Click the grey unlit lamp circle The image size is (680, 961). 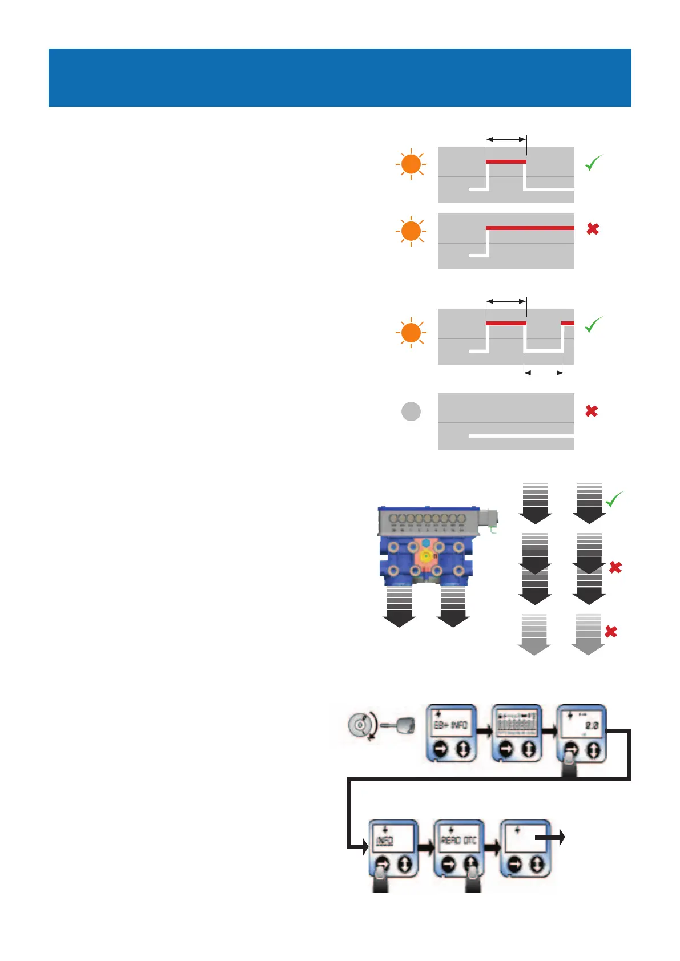click(x=411, y=411)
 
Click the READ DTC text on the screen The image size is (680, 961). click(x=458, y=841)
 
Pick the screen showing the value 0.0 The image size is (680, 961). click(x=581, y=724)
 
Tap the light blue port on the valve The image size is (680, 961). click(x=426, y=542)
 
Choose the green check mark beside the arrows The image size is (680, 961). click(x=615, y=499)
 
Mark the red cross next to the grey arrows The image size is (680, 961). click(x=611, y=632)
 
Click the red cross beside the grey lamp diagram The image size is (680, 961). click(x=592, y=411)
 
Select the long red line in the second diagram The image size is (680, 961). click(x=530, y=228)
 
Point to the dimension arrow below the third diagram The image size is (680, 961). click(x=544, y=373)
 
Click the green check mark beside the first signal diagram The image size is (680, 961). click(x=594, y=163)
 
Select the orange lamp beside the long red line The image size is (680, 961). click(x=411, y=231)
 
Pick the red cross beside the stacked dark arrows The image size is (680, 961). click(x=615, y=567)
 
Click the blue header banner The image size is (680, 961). click(x=340, y=78)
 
